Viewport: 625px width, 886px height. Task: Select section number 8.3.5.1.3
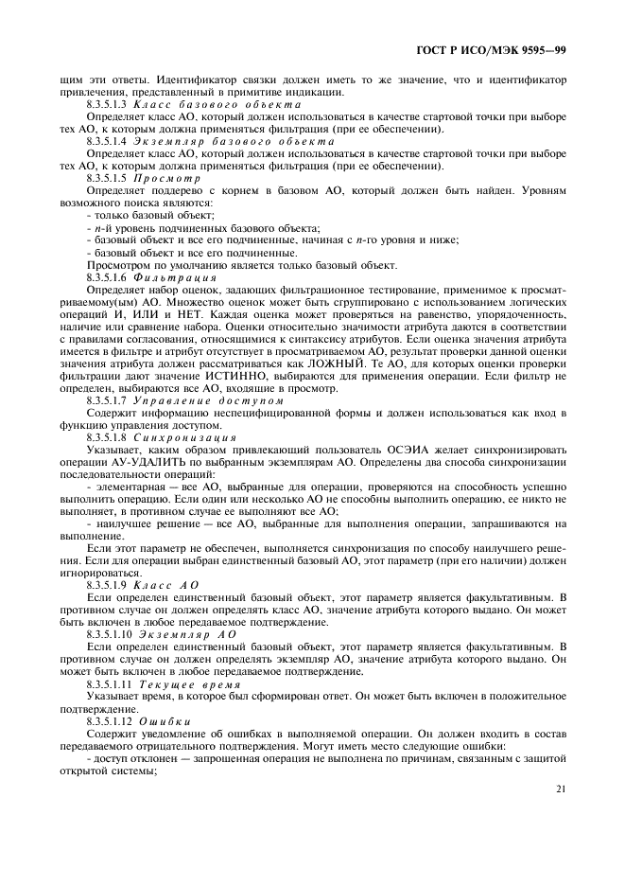(111, 104)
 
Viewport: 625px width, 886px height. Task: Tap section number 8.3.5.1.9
(111, 586)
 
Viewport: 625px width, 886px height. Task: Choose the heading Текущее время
(199, 683)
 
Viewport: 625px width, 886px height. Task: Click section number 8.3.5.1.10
(113, 635)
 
